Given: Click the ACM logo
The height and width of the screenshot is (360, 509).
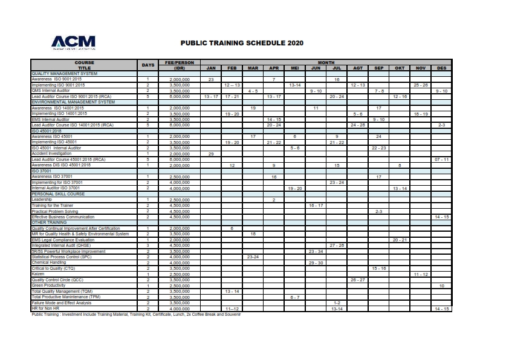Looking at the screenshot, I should [x=73, y=42].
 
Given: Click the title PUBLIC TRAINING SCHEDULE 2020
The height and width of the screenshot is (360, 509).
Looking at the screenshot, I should [x=242, y=44].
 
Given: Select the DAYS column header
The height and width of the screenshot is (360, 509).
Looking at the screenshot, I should [x=148, y=65].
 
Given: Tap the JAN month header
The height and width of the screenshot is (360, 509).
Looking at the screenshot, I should [x=211, y=68].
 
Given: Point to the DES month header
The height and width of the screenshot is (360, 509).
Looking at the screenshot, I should [x=441, y=68].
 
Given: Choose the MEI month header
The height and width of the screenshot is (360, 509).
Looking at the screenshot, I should [x=294, y=68].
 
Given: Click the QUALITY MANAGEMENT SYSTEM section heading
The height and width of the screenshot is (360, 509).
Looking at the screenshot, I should [x=64, y=74].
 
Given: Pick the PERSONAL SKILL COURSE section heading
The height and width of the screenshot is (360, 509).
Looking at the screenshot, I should [x=58, y=194].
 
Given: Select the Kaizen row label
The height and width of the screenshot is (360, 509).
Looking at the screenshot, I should [x=37, y=273].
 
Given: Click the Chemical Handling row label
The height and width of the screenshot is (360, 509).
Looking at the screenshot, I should [x=49, y=263].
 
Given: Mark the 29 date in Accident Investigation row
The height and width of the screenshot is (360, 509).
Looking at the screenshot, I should [x=211, y=154].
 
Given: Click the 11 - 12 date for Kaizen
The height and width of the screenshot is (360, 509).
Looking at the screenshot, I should [x=421, y=274].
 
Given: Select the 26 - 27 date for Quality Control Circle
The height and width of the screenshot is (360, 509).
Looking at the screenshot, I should [x=358, y=280].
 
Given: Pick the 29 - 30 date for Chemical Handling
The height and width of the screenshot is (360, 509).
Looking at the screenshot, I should [x=316, y=263].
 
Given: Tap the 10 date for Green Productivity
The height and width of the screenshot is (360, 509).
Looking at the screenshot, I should [x=441, y=286].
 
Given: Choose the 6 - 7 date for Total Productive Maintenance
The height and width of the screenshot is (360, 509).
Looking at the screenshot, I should [x=294, y=297].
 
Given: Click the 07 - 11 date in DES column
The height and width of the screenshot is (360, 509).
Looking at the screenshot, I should [x=441, y=159].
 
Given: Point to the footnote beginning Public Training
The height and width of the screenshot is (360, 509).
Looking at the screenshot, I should [x=136, y=315].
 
